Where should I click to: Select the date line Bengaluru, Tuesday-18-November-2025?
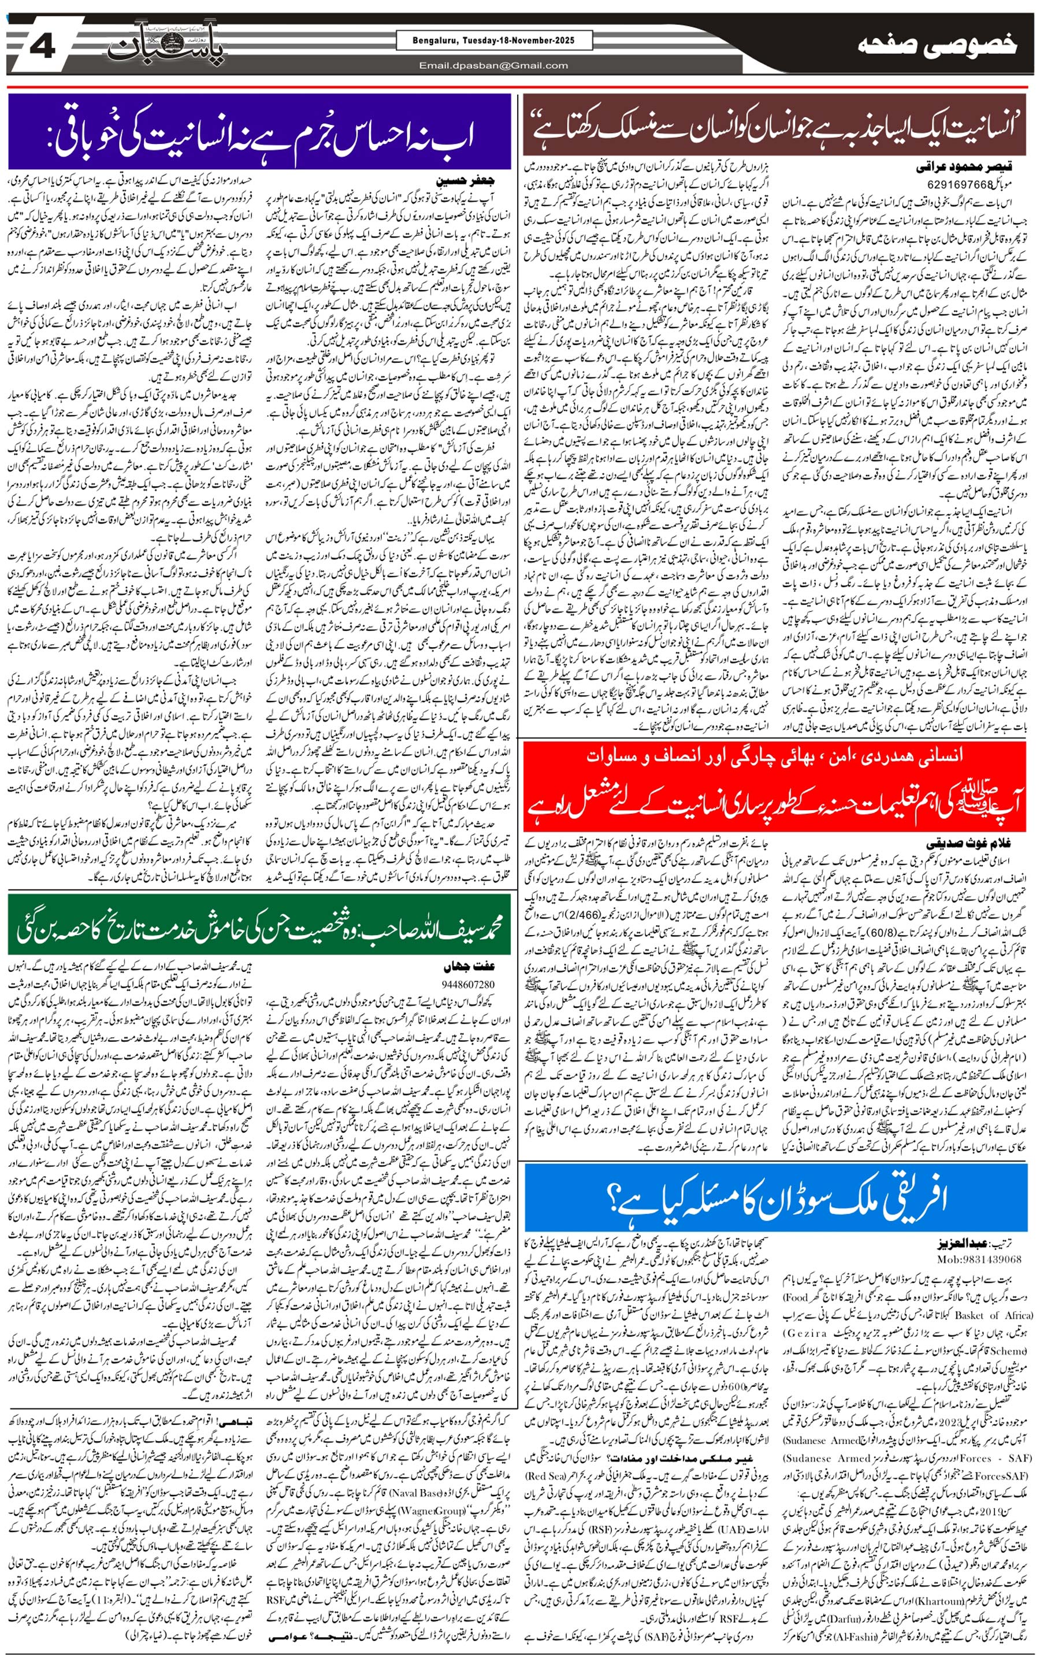point(494,40)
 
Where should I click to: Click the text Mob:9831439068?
point(979,1258)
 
